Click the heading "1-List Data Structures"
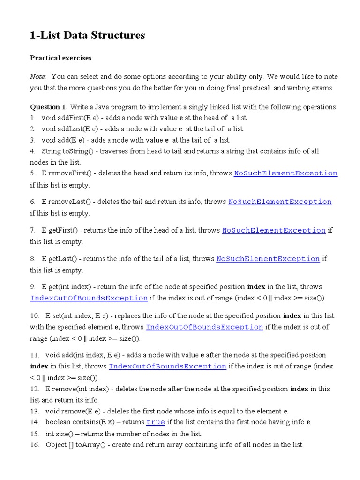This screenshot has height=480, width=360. [88, 35]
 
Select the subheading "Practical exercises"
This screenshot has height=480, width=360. [61, 58]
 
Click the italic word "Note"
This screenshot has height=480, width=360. [38, 76]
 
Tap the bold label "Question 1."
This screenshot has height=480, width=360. [49, 107]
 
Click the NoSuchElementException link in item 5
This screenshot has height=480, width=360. [285, 173]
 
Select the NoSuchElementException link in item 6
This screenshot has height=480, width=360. [280, 202]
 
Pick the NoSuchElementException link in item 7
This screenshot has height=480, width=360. [274, 231]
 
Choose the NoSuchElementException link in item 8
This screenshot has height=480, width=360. [268, 259]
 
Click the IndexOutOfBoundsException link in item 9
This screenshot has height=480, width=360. [89, 298]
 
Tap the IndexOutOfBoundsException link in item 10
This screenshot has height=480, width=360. [204, 327]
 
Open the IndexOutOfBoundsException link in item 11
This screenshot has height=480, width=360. [167, 367]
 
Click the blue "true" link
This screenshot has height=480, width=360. [156, 422]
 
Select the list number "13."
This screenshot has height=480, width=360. [35, 411]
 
